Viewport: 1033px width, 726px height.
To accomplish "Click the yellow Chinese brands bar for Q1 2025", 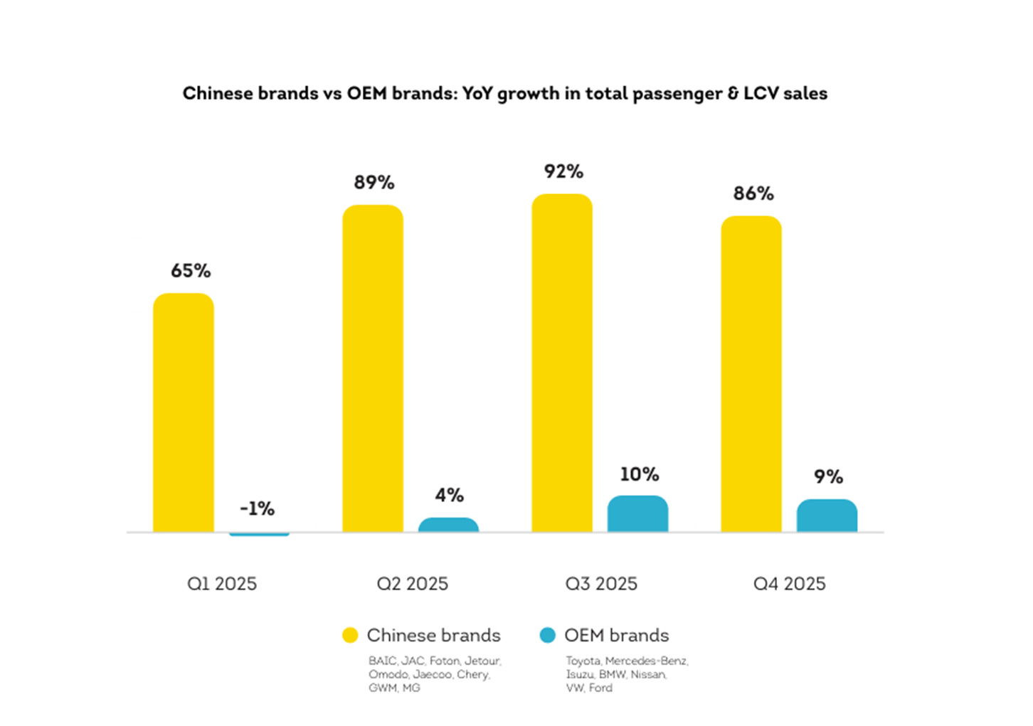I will (184, 412).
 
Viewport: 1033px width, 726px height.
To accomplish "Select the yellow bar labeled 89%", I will (373, 368).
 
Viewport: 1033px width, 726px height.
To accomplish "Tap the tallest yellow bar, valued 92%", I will (562, 363).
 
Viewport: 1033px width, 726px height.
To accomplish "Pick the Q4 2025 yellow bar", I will (751, 374).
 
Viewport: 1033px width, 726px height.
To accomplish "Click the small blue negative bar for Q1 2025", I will (259, 533).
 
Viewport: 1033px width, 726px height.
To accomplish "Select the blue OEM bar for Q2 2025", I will (448, 525).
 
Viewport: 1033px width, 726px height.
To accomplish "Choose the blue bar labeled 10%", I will (637, 513).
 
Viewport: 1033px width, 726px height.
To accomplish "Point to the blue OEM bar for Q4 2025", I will (827, 516).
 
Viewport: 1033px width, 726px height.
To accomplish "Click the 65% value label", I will (191, 271).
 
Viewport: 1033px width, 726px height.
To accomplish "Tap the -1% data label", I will (257, 508).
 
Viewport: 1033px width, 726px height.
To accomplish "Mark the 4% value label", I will (449, 495).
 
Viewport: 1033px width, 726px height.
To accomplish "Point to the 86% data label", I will (753, 193).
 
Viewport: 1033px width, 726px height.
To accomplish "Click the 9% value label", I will (828, 476).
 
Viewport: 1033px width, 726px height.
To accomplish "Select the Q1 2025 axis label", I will (222, 584).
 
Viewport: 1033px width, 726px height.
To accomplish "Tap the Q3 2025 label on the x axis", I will (601, 584).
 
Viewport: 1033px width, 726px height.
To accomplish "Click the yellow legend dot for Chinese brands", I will (350, 635).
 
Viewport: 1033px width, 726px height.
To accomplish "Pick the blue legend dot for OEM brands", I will (547, 635).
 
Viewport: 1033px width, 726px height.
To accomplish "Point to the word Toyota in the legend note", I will (583, 661).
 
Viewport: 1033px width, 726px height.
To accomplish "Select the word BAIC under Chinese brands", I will (382, 661).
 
